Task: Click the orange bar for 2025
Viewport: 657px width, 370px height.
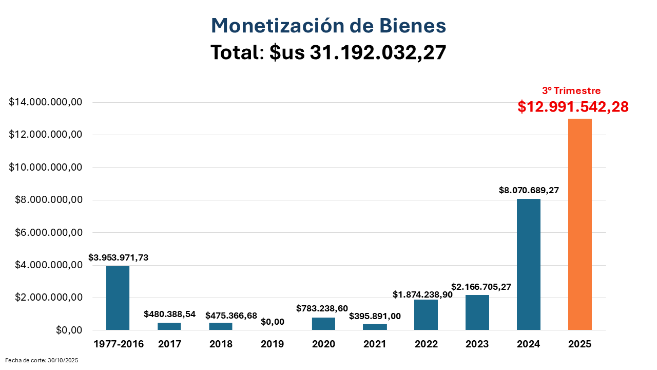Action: coord(580,224)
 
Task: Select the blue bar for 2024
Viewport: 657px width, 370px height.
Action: coord(529,264)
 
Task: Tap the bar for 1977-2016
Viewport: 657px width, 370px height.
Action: coord(118,298)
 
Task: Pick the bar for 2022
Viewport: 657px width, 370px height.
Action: coord(426,314)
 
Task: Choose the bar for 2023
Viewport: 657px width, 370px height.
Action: coord(477,312)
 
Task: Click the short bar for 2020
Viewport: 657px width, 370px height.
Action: coord(323,324)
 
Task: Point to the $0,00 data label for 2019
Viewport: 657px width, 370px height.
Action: coord(272,322)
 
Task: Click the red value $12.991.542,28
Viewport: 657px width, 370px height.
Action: coord(573,107)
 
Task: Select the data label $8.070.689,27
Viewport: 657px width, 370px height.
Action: coord(529,190)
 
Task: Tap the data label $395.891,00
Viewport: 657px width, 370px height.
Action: coord(375,317)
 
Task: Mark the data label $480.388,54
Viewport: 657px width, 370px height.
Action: coord(169,314)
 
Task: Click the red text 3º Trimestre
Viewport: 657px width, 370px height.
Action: coord(571,91)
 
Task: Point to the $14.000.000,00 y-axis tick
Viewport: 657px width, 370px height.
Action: coord(46,102)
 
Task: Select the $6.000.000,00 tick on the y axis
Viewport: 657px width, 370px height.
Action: coord(46,232)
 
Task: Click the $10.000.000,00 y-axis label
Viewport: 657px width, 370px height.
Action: coord(46,168)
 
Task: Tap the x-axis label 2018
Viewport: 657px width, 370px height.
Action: coord(221,344)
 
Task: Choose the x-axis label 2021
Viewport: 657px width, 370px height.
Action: coord(375,344)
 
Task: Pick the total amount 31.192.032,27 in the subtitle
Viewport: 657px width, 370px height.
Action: coord(378,52)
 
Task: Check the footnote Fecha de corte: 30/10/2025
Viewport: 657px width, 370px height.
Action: coord(42,361)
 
